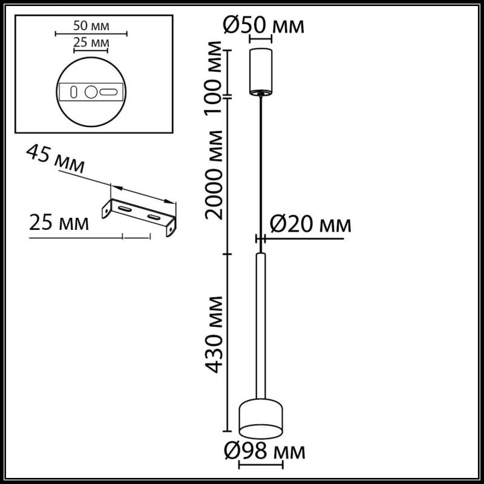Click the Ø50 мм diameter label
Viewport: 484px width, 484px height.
click(262, 25)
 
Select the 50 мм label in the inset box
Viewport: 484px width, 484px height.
click(91, 26)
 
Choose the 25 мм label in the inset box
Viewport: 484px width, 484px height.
click(91, 42)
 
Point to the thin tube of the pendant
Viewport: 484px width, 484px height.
click(261, 327)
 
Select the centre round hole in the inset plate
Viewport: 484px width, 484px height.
click(91, 93)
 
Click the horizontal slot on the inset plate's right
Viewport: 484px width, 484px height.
click(110, 93)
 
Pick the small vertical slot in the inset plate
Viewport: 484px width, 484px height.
click(73, 93)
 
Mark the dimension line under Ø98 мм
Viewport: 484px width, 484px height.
click(261, 465)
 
